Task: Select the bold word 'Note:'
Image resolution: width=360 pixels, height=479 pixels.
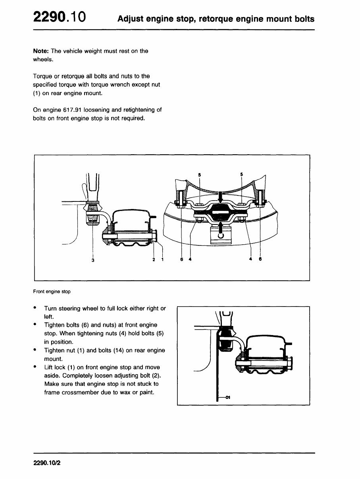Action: pyautogui.click(x=41, y=51)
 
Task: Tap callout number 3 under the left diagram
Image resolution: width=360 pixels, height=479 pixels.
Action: pyautogui.click(x=93, y=260)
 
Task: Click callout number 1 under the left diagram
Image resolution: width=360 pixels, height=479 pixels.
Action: pyautogui.click(x=162, y=259)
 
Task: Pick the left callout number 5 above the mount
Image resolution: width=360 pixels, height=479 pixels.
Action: pyautogui.click(x=199, y=174)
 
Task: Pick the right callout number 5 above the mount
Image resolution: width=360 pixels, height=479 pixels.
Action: pyautogui.click(x=242, y=174)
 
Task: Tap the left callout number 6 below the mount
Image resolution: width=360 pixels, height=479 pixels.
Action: pyautogui.click(x=182, y=259)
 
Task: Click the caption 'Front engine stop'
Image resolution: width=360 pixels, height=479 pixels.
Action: pyautogui.click(x=52, y=291)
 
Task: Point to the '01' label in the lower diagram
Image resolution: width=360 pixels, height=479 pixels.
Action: pyautogui.click(x=228, y=397)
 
